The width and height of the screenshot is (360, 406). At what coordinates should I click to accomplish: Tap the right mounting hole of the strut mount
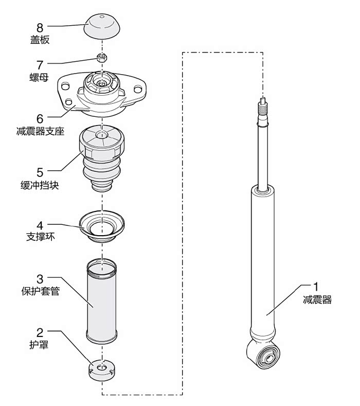click(x=138, y=89)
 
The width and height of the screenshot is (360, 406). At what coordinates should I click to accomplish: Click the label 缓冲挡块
click(x=44, y=185)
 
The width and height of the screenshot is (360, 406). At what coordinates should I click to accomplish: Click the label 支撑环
click(x=40, y=238)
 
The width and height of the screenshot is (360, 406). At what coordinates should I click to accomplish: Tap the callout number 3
click(x=40, y=278)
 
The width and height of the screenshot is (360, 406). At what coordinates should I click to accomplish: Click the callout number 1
click(x=317, y=286)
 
